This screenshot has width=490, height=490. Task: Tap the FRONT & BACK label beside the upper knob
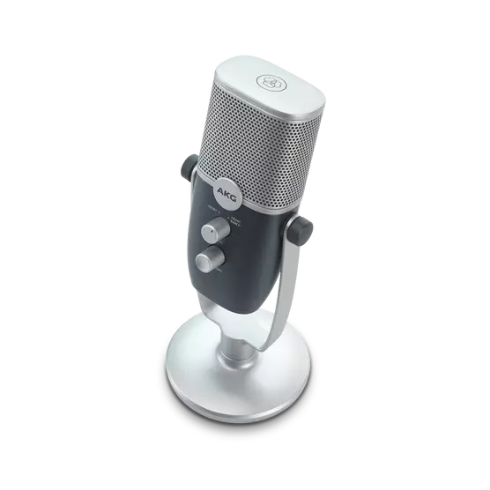tap(234, 221)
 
